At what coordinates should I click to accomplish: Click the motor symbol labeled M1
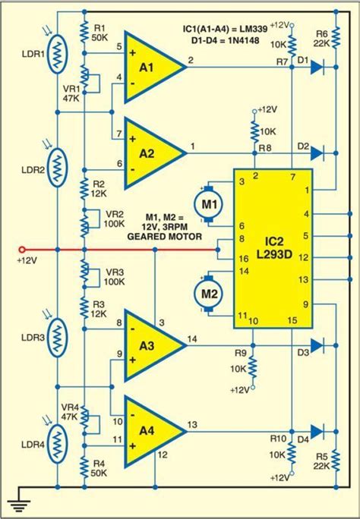coord(206,203)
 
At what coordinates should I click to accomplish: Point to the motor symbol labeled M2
coord(206,291)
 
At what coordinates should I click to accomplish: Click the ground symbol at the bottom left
coord(19,502)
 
